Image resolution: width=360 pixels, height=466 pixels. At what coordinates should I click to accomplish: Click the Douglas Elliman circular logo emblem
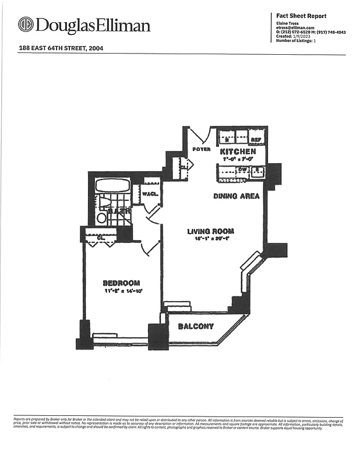pos(26,25)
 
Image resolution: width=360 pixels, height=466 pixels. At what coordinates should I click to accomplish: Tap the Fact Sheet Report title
pos(301,16)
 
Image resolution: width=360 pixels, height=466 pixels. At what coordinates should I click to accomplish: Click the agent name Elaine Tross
pos(288,23)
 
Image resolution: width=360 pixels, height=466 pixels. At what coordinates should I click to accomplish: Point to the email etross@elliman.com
pos(295,28)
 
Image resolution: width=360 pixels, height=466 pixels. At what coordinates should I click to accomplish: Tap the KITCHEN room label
pos(238,151)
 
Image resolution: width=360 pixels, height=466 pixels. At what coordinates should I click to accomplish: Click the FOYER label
pos(202,150)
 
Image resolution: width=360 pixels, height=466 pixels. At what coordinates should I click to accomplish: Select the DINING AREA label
pos(237,196)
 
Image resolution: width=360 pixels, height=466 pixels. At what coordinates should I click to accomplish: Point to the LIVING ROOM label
pos(210,231)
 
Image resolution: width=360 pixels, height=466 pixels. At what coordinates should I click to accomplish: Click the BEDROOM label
pos(121,283)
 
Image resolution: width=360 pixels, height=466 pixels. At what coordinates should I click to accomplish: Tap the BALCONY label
pos(196,326)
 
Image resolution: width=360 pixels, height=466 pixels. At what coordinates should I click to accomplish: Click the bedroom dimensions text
pos(123,290)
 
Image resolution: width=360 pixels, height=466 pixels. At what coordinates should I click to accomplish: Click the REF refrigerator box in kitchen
pos(256,139)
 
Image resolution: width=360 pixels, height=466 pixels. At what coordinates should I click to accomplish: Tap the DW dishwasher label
pos(242,170)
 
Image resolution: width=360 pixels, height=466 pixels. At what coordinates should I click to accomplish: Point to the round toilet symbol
pos(101,218)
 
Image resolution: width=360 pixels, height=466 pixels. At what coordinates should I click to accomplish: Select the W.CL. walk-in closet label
pos(151,195)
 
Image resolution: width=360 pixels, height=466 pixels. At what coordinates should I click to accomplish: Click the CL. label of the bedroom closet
pos(101,237)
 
